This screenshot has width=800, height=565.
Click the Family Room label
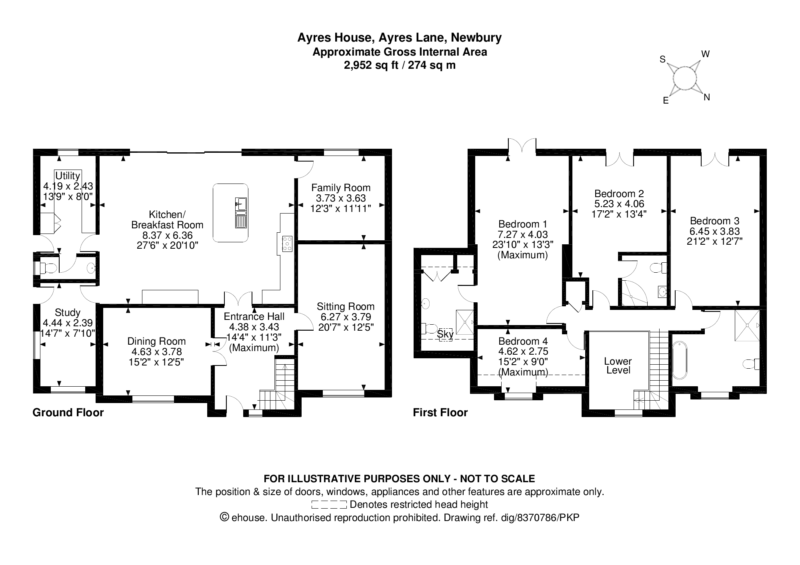click(341, 188)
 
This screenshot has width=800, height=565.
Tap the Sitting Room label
click(346, 307)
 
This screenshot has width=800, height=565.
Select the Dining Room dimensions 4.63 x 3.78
click(156, 352)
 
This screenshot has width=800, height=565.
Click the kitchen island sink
click(241, 204)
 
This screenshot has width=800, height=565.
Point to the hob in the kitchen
click(287, 244)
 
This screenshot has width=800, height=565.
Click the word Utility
click(68, 176)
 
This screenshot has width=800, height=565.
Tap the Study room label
click(68, 312)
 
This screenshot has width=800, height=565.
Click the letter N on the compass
click(706, 97)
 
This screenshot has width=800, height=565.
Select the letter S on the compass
click(662, 60)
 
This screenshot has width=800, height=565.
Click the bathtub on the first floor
click(679, 360)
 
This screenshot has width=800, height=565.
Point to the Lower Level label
click(618, 365)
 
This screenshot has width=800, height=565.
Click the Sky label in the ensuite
click(445, 333)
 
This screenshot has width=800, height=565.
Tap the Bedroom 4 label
click(523, 341)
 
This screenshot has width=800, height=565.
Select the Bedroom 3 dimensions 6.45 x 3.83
click(714, 231)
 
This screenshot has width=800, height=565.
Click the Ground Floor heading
click(68, 412)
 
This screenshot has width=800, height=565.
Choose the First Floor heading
click(440, 412)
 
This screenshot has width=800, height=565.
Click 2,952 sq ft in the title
click(371, 65)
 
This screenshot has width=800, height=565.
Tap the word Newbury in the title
click(476, 38)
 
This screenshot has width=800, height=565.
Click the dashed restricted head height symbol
click(329, 505)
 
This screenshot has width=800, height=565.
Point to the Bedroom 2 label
click(619, 194)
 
